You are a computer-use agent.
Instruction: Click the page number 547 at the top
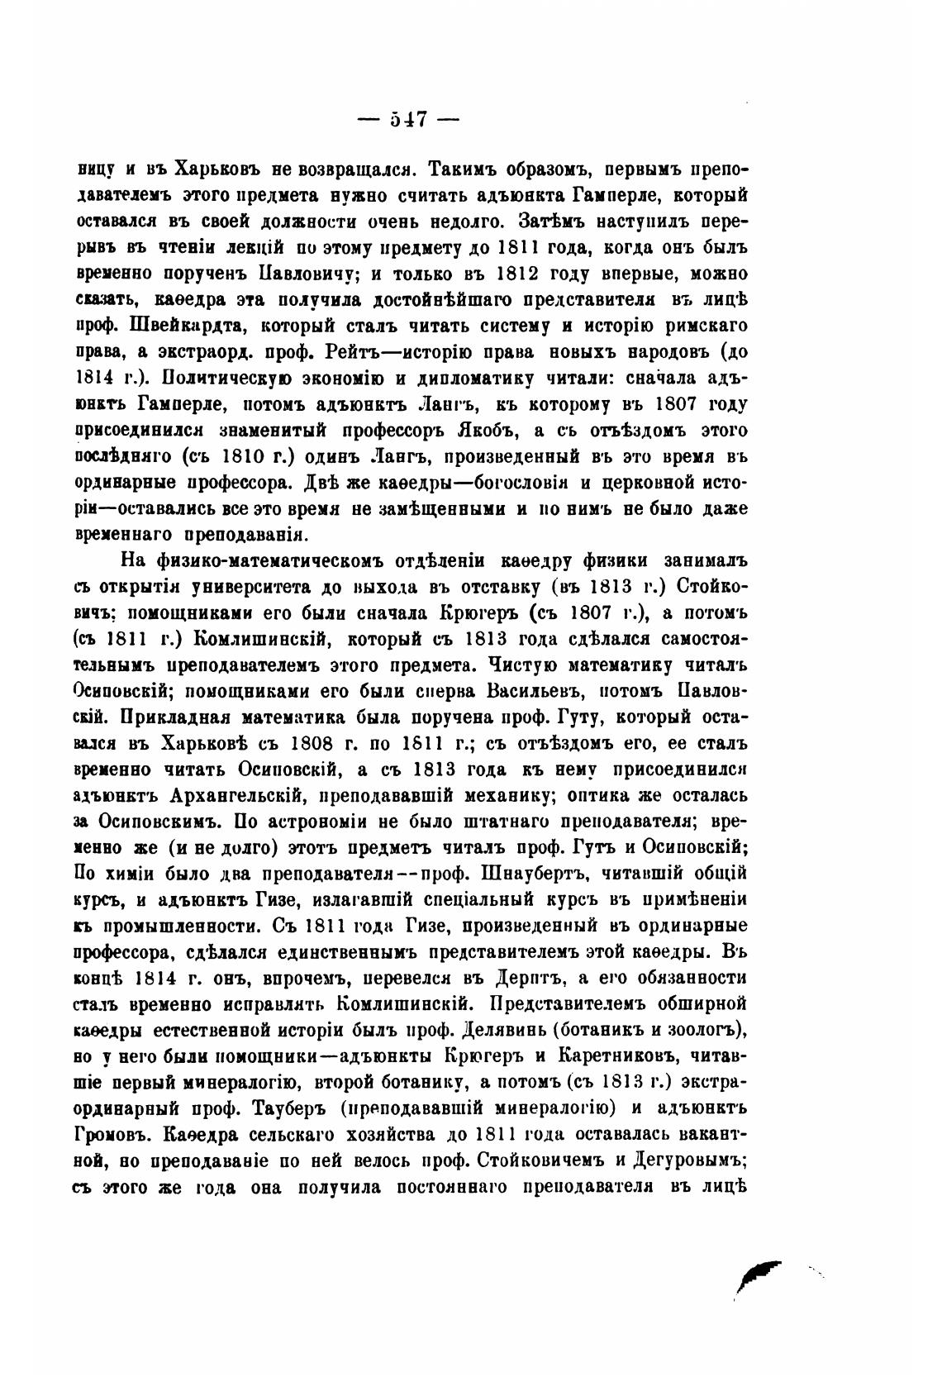click(407, 119)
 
